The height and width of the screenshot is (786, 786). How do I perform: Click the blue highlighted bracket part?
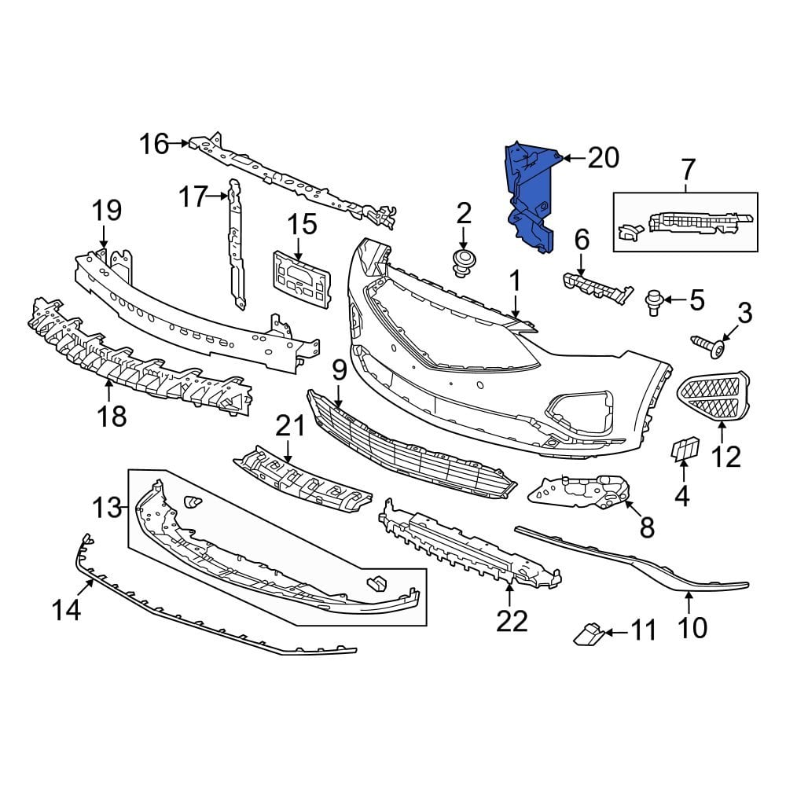pos(528,196)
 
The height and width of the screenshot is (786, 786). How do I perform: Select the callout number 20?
pos(603,158)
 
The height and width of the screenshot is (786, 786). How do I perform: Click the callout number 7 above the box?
pos(687,169)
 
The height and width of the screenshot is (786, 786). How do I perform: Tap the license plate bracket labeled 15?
pos(300,278)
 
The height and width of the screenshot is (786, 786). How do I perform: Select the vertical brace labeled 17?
pos(235,244)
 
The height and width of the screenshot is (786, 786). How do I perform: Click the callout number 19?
pos(107,211)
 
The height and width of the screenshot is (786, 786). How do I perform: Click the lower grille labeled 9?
pos(409,448)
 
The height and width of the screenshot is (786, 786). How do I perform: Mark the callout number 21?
pos(289,427)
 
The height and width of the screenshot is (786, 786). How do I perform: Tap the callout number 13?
pos(108,508)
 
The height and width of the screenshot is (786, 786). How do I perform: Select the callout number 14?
pos(67,610)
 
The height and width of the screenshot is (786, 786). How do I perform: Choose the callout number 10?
pos(692,626)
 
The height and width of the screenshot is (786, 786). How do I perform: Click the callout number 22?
pos(511,621)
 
